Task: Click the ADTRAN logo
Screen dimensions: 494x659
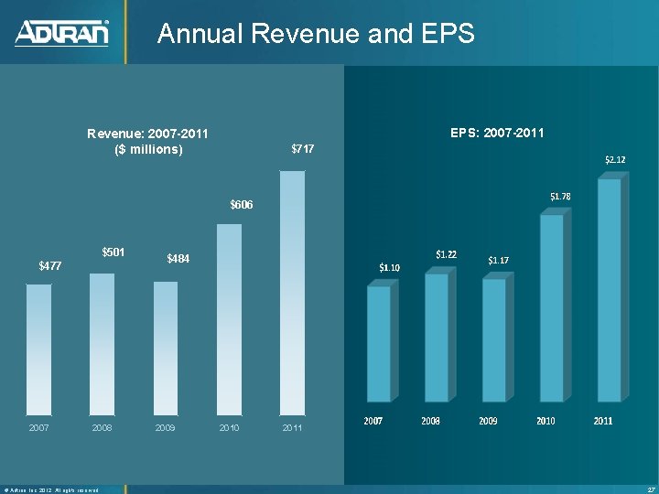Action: [61, 33]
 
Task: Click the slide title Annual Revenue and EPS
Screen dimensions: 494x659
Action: [316, 34]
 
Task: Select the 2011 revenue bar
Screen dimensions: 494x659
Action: [292, 293]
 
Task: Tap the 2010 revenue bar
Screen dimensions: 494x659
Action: [229, 319]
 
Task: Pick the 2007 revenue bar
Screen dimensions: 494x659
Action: [39, 349]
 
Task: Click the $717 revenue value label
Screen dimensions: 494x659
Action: [302, 148]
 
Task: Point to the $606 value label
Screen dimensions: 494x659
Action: [241, 204]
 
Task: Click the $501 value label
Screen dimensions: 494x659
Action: [113, 252]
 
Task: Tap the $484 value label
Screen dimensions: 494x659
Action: [178, 260]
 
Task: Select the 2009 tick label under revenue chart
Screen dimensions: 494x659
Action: [166, 427]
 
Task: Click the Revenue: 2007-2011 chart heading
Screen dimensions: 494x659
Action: [148, 141]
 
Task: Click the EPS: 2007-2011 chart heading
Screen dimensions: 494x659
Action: [497, 134]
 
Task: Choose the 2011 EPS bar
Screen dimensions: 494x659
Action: [609, 289]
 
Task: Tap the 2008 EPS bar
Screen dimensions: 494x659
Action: [437, 337]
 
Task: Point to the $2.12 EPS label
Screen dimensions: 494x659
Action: [615, 160]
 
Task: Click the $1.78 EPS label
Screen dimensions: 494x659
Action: [560, 197]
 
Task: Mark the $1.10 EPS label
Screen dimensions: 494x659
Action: [390, 267]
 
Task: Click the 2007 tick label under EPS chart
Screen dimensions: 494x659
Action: [373, 421]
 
